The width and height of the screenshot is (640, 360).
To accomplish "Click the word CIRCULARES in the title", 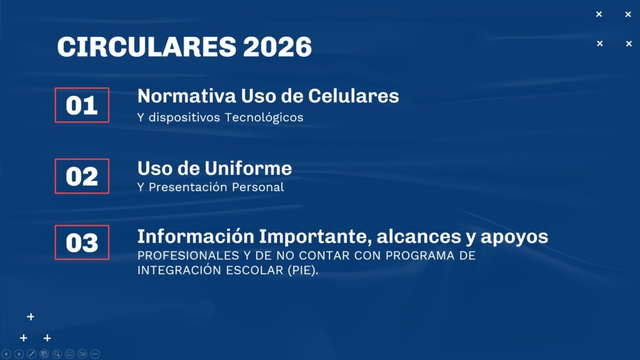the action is tap(147, 46).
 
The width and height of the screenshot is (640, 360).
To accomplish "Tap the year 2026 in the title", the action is tap(277, 46).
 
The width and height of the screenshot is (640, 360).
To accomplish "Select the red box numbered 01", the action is tap(82, 105).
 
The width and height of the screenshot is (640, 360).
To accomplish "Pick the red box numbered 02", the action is tap(82, 176).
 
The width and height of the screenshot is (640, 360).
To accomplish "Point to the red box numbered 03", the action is tap(82, 242).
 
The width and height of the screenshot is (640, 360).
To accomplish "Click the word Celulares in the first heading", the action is tap(354, 96).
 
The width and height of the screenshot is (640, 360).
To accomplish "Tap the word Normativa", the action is tap(186, 96).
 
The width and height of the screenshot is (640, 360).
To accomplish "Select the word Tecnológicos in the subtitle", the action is tap(264, 117).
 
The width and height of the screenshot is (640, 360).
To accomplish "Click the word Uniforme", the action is tap(248, 168).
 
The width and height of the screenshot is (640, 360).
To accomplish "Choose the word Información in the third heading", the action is tap(196, 236).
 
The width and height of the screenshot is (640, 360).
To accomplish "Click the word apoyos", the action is tap(514, 237).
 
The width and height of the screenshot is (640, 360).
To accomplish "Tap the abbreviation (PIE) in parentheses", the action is tap(302, 270).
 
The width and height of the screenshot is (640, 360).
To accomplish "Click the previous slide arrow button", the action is tap(6, 354).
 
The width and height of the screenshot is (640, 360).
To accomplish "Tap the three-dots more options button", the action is tap(95, 354).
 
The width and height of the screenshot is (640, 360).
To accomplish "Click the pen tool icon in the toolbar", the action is tap(31, 354).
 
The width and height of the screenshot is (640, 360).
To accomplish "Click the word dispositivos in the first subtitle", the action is tap(184, 117).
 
